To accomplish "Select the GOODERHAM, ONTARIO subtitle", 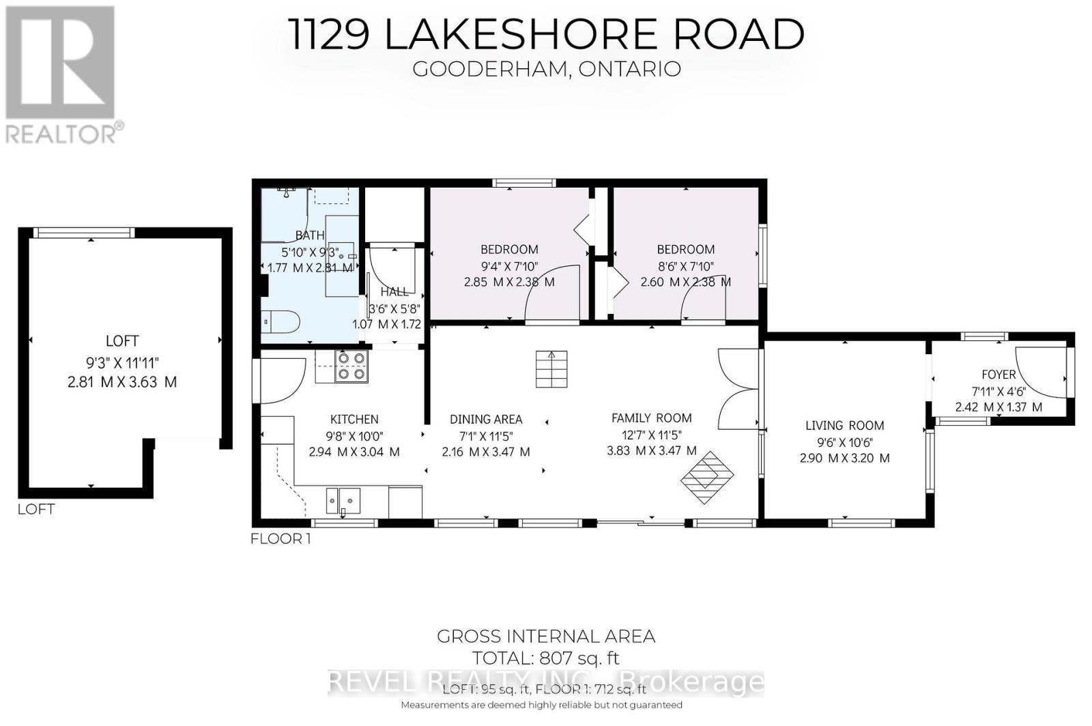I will tap(547, 69).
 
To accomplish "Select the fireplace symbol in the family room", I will tap(707, 478).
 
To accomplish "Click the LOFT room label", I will tap(122, 340).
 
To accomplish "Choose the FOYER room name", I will tap(998, 374).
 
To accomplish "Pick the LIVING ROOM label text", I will tap(844, 425).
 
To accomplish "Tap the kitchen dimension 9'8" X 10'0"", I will tap(354, 435).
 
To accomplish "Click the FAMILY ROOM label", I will tap(651, 418).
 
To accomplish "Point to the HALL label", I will tap(394, 291).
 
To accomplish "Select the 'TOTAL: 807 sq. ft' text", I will tap(546, 658).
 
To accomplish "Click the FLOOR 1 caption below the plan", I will tap(281, 538).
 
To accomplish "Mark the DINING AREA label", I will tap(486, 419).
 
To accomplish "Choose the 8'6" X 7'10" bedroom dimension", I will tap(685, 266).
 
